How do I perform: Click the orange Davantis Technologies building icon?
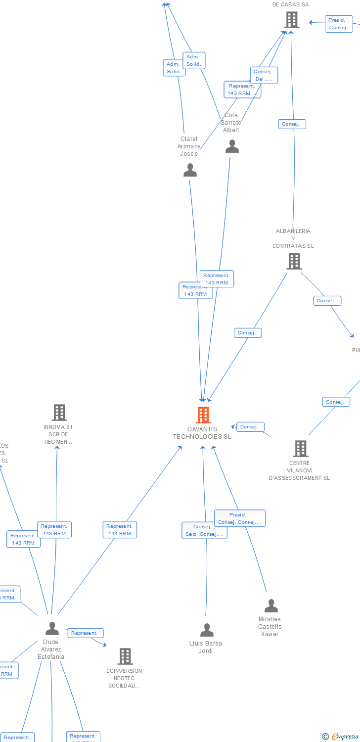(203, 415)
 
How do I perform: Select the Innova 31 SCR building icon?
(59, 412)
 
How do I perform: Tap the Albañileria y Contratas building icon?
(294, 261)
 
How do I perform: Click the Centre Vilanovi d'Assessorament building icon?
(300, 449)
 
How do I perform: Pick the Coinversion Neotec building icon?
(125, 656)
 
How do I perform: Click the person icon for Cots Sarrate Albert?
(232, 146)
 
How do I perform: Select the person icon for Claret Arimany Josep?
(190, 170)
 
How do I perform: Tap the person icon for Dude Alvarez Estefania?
(52, 629)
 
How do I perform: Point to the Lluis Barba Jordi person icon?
(207, 630)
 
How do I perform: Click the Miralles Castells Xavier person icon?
(271, 606)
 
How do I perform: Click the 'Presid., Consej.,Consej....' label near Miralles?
(240, 518)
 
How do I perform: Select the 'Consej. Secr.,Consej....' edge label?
(204, 530)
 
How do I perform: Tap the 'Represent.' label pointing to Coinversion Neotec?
(85, 633)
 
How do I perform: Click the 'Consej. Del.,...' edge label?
(264, 75)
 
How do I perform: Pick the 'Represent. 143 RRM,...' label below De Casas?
(242, 90)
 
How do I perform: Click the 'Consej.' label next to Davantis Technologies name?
(250, 426)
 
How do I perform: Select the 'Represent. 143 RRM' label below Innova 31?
(54, 530)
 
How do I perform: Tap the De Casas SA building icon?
(292, 20)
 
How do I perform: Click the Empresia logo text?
(345, 737)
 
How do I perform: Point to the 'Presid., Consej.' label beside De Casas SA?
(339, 24)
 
